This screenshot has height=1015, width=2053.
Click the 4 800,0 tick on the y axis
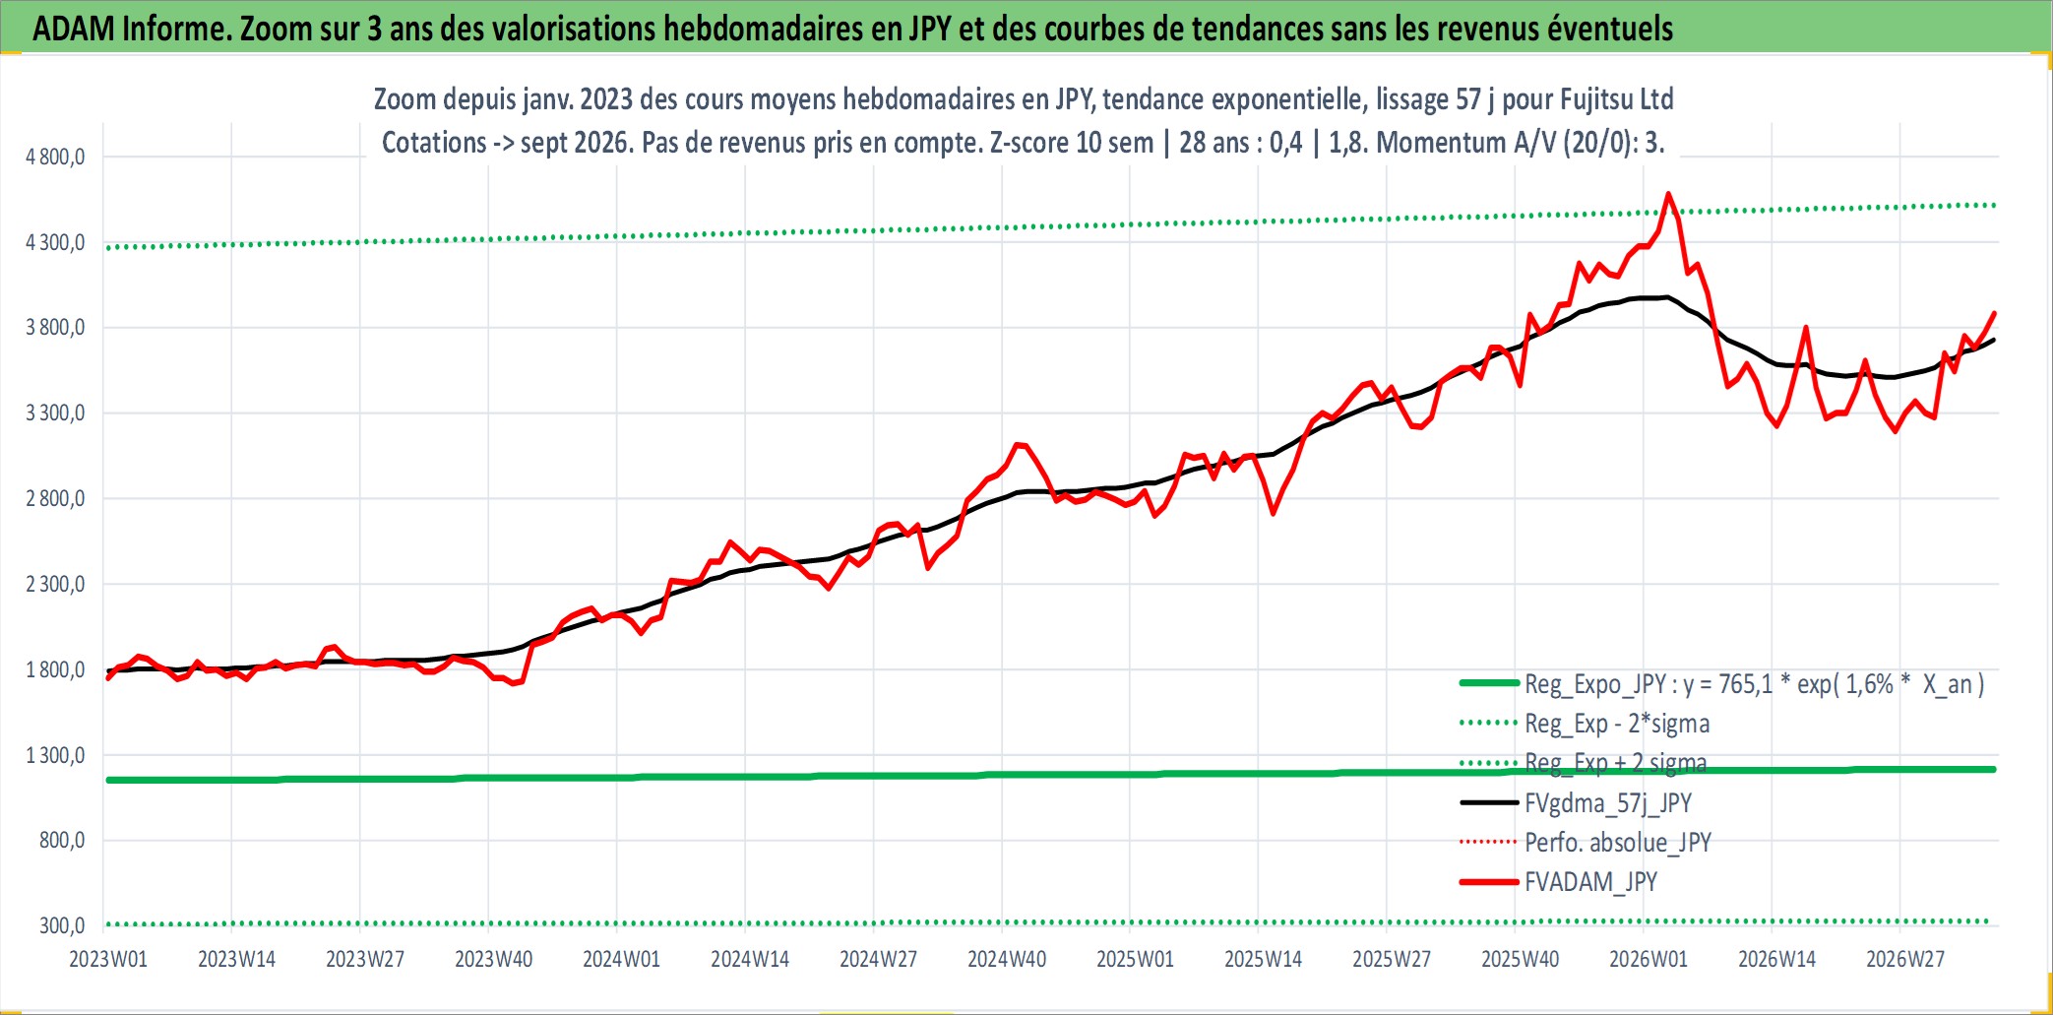click(x=55, y=157)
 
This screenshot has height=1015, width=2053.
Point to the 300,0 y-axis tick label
click(x=62, y=925)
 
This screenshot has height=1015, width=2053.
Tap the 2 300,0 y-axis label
click(x=55, y=584)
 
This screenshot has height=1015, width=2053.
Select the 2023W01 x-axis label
click(x=108, y=959)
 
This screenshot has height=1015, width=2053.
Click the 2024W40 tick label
click(x=1007, y=959)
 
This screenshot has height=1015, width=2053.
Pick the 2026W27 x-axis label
click(x=1905, y=959)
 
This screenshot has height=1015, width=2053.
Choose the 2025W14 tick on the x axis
click(x=1263, y=959)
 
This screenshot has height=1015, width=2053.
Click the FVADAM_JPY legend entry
click(x=1590, y=882)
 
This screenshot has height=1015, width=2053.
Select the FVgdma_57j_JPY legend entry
click(x=1608, y=803)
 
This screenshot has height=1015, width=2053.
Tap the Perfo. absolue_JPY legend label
click(x=1618, y=843)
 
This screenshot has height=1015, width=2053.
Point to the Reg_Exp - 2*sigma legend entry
click(x=1617, y=724)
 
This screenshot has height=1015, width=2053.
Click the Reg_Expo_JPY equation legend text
click(x=1755, y=684)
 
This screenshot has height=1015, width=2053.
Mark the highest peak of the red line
click(x=1668, y=194)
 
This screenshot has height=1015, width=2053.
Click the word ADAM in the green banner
click(x=74, y=29)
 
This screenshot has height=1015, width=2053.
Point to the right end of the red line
click(x=1994, y=313)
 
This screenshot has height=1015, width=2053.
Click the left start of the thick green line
click(x=108, y=780)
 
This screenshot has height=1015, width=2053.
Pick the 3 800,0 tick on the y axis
click(x=55, y=328)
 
